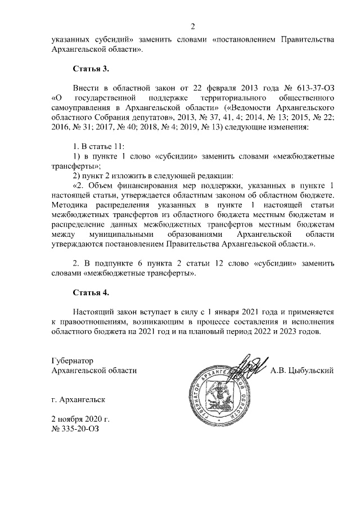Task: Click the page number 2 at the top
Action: [x=193, y=26]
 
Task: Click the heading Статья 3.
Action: [x=91, y=69]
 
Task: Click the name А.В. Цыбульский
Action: [x=303, y=370]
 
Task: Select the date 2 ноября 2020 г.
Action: [x=80, y=419]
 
